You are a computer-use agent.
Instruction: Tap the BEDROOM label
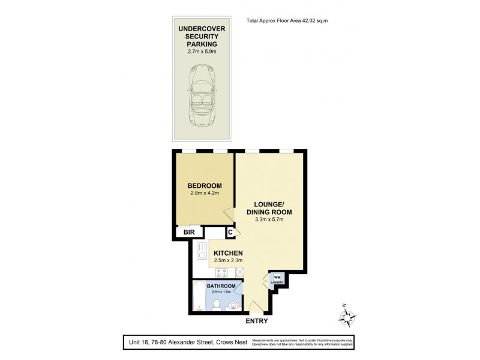click(x=204, y=185)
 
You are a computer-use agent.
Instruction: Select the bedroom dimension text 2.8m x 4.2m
click(x=204, y=194)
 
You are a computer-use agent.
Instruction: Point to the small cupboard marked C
click(x=230, y=233)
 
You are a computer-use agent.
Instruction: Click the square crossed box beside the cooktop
click(x=240, y=272)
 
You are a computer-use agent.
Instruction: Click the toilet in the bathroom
click(x=217, y=306)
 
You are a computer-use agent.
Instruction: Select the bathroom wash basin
click(x=233, y=305)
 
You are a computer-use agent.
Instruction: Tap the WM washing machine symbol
click(x=277, y=277)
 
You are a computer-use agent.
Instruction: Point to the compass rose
click(x=346, y=316)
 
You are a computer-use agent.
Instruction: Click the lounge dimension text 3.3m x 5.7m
click(x=269, y=220)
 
